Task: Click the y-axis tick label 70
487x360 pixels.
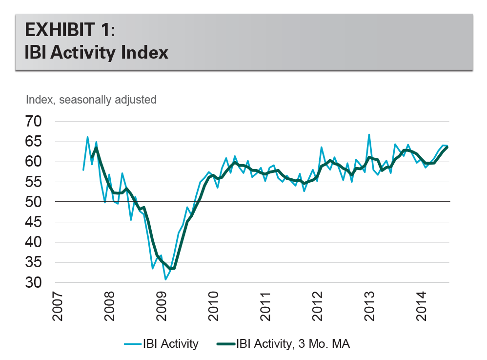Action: [38, 121]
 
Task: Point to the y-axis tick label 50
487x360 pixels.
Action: [38, 202]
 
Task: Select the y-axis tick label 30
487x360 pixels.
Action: [38, 283]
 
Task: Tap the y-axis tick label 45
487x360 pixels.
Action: [38, 222]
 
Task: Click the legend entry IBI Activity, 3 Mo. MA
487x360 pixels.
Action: [292, 344]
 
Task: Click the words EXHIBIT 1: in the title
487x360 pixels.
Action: [70, 31]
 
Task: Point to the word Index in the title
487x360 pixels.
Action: [145, 52]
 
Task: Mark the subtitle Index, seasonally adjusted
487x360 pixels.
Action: [91, 100]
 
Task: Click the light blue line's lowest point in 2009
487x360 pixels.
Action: [165, 279]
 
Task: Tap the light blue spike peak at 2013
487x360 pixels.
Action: [369, 134]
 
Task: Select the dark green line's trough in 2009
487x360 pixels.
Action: [170, 269]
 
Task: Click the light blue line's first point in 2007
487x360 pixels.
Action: [83, 169]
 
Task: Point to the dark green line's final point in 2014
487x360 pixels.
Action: [447, 147]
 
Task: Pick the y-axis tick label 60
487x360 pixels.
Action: [38, 162]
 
